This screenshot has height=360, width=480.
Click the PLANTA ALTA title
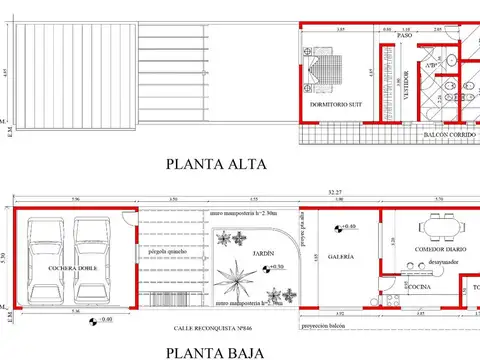[x=216, y=164]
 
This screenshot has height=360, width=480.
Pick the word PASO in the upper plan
[x=405, y=37]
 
